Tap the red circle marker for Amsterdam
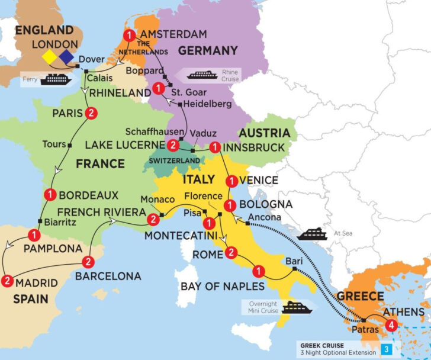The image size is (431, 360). [128, 34]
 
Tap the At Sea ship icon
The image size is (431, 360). [311, 233]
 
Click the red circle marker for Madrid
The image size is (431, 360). [8, 281]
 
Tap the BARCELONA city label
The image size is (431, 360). [108, 276]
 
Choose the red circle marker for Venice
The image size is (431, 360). [231, 180]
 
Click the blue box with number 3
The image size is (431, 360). [387, 349]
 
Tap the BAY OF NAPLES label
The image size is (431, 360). [222, 287]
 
